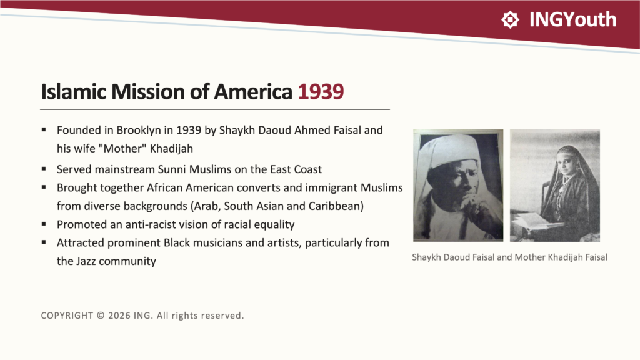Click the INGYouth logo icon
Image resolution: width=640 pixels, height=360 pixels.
510,19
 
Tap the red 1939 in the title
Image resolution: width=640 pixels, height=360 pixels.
321,91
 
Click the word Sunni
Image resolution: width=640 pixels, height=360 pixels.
171,169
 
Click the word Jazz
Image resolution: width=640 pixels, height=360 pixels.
86,261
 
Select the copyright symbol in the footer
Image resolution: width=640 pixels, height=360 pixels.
101,316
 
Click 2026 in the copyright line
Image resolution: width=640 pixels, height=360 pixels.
119,316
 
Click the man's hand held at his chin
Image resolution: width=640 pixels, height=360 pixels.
478,208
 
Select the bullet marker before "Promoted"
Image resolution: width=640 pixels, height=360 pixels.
44,224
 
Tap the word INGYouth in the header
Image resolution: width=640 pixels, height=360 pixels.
572,19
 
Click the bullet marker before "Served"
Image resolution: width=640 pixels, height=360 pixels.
44,169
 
